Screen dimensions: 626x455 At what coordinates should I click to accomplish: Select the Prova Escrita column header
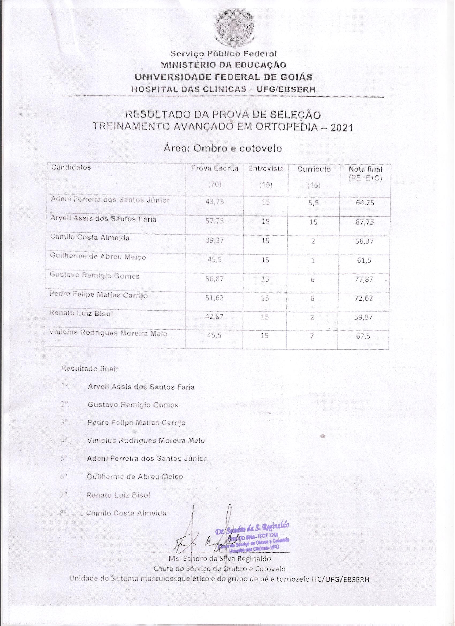point(215,169)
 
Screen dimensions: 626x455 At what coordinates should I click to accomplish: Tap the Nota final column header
point(365,169)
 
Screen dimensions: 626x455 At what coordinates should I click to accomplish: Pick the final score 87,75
point(365,222)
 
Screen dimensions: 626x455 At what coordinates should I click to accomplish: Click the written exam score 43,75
point(214,202)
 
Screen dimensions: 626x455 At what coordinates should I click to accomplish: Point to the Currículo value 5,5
point(314,203)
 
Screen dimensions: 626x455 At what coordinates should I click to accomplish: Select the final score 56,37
point(365,241)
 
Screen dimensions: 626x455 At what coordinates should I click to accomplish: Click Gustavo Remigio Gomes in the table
point(95,276)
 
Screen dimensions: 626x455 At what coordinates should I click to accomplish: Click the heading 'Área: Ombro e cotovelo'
point(223,149)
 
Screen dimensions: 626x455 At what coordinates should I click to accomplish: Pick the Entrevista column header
point(266,169)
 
